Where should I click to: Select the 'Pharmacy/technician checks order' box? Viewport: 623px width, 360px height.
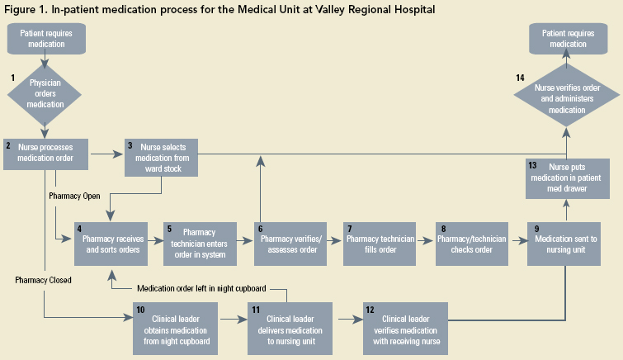click(471, 243)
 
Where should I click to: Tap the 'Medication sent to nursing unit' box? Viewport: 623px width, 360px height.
click(565, 243)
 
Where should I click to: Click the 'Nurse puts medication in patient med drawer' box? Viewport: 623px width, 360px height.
click(565, 178)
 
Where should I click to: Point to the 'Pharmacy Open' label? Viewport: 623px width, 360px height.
click(75, 196)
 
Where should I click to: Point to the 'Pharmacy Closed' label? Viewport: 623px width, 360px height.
click(43, 280)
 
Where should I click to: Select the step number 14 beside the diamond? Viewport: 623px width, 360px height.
click(520, 78)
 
